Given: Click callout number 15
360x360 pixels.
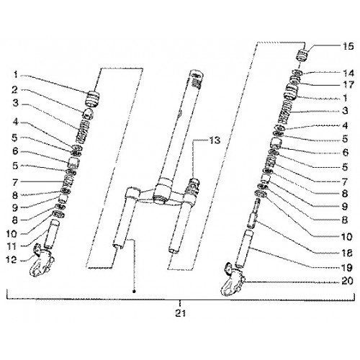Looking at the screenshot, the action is [348, 46].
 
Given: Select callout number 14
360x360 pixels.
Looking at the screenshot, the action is [348, 73].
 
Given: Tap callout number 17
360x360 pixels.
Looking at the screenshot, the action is [348, 85].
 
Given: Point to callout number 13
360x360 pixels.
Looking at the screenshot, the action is [215, 140].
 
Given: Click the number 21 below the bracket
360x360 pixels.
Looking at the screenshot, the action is [180, 313].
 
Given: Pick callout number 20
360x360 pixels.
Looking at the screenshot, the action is [347, 281].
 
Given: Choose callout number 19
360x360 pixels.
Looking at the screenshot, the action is [347, 268].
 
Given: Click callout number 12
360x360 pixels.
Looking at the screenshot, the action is [11, 259].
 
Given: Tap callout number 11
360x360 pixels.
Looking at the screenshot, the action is [12, 246].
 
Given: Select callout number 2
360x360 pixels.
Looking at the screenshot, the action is [14, 90].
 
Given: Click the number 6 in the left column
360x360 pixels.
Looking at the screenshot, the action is [15, 151].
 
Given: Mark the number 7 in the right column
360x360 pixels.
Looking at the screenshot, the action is [345, 182].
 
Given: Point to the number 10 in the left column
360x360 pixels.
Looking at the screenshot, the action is [12, 233].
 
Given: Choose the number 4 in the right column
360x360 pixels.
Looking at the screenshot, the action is [345, 125].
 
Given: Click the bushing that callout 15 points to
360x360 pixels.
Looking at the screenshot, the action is [302, 55].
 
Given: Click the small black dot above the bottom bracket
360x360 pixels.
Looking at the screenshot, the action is [134, 291].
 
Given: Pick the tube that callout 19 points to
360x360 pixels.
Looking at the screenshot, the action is [244, 249].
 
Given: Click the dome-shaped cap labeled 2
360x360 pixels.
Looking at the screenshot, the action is [89, 114].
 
